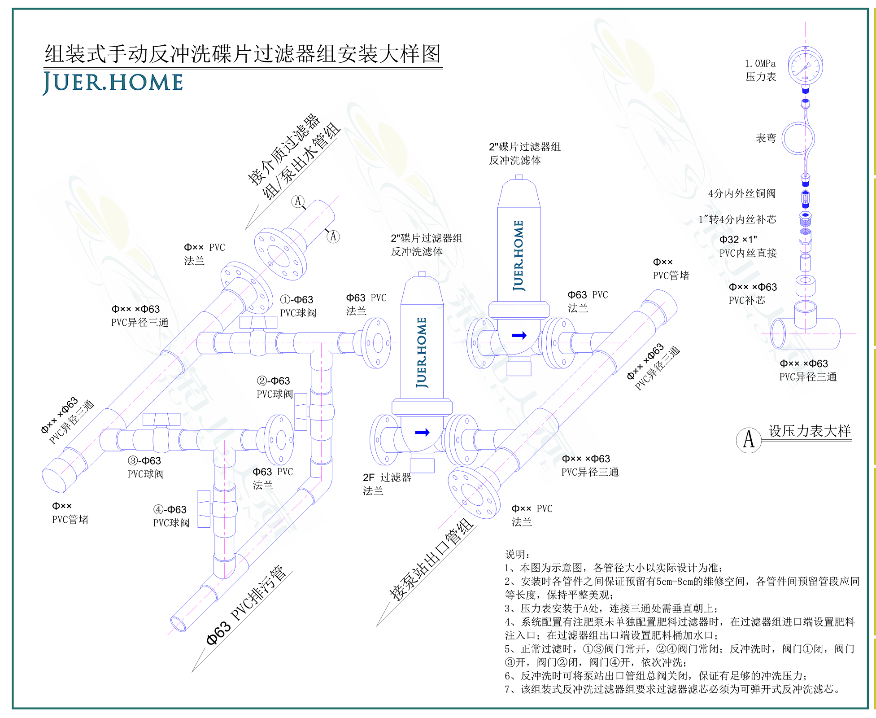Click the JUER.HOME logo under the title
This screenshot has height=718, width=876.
coord(113,83)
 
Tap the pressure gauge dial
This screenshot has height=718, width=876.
coord(805,66)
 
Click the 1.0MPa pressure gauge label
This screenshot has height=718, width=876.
coord(760,70)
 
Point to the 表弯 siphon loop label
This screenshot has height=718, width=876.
coord(766,138)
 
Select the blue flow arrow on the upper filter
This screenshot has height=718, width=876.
coord(519,335)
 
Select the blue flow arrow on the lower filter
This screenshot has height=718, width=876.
coord(422,432)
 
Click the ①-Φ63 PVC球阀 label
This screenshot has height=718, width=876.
coord(298,306)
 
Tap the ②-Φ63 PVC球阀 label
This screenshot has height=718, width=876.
coord(274,387)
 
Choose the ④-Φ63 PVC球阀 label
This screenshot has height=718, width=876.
coord(171,516)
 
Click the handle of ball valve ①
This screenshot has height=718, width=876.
coord(258,322)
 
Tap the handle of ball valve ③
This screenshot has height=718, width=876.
coord(161,419)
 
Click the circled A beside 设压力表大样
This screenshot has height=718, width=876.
coord(749,440)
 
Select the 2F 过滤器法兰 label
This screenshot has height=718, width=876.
coord(387,484)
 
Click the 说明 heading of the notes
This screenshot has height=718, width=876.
coord(517,554)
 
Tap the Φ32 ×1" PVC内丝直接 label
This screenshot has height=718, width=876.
coord(748,246)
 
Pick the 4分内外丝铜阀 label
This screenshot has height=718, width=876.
coord(741,193)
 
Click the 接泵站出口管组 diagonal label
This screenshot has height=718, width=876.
coord(431,559)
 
